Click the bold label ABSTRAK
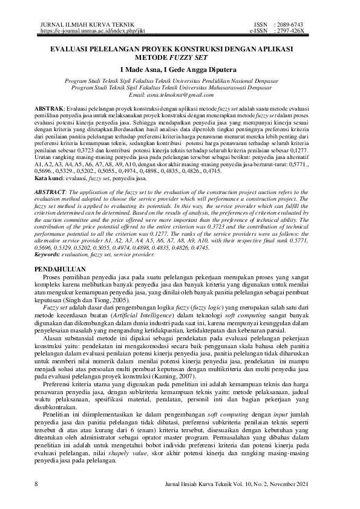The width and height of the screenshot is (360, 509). [49, 106]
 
